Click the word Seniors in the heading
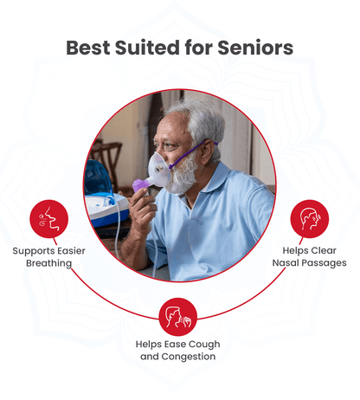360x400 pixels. (x=255, y=48)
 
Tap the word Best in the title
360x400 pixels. (x=88, y=48)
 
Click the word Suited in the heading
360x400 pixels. (x=147, y=48)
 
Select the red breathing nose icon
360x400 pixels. (x=49, y=219)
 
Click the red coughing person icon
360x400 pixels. (x=178, y=317)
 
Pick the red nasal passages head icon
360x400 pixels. (x=310, y=219)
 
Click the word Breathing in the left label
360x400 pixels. (x=49, y=263)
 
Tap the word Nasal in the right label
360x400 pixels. (x=285, y=263)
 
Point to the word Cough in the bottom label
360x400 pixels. (x=204, y=345)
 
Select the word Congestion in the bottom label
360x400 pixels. (x=189, y=357)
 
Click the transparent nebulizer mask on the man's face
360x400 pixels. (x=159, y=168)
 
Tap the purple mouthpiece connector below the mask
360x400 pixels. (x=140, y=184)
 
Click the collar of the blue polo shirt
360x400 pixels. (x=212, y=180)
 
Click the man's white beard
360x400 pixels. (x=184, y=173)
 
